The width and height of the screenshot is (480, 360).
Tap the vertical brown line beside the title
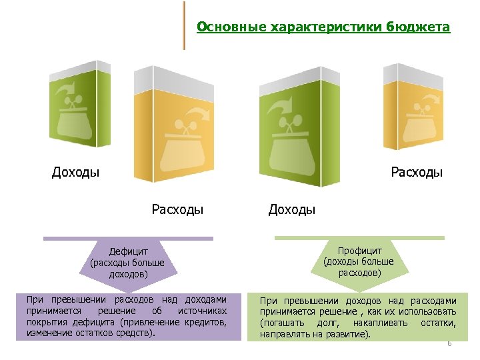184,25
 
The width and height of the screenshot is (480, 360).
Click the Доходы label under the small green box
76,173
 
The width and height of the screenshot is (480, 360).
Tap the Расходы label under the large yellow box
177,210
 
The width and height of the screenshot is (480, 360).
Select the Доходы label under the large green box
291,210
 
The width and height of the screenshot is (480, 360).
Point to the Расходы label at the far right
417,173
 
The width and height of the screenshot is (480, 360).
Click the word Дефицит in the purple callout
127,251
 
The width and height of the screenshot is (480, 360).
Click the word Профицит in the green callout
359,251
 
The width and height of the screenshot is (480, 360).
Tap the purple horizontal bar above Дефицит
128,238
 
